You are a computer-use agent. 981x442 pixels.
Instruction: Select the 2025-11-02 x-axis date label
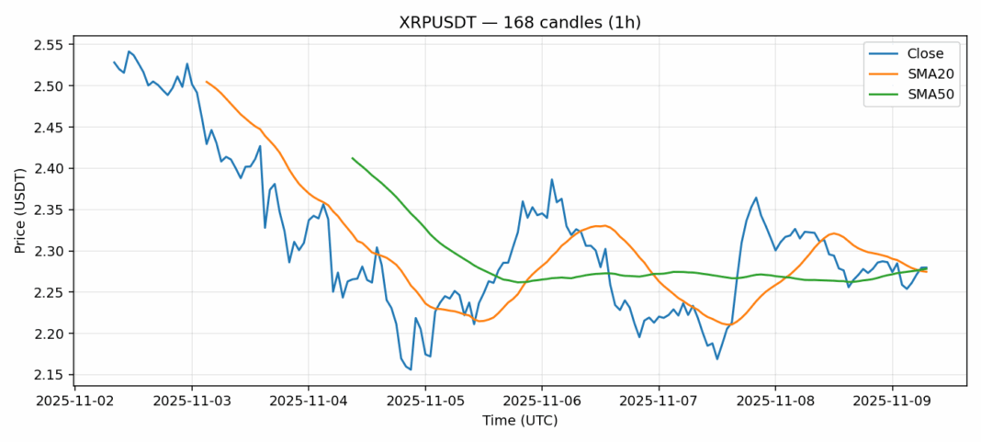[75, 402]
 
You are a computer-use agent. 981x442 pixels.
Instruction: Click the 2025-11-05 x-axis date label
[425, 402]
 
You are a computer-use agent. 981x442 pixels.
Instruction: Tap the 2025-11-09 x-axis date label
[892, 402]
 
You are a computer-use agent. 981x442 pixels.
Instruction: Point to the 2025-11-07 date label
[659, 402]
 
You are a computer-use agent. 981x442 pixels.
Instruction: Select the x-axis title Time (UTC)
[520, 421]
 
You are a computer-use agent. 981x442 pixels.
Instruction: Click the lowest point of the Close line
[411, 369]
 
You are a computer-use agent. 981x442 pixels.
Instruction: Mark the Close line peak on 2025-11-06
[552, 179]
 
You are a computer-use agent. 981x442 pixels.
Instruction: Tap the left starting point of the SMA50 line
[353, 158]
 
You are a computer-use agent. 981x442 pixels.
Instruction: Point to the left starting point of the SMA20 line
[207, 82]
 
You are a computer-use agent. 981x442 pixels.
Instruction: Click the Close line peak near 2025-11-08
[756, 198]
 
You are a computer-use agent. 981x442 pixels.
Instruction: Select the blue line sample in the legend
[884, 53]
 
